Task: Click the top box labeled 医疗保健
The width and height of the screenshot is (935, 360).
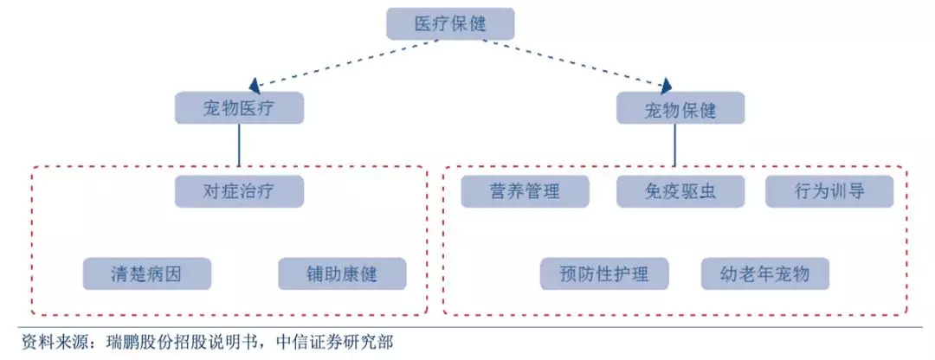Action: (x=449, y=24)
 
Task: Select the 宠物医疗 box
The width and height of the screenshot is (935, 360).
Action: (x=239, y=108)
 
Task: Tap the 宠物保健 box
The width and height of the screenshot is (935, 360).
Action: (x=680, y=108)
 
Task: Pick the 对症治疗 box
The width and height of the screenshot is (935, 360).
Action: (x=239, y=191)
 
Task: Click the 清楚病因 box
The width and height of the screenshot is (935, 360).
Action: (x=146, y=273)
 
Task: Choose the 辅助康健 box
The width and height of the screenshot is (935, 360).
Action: (x=342, y=273)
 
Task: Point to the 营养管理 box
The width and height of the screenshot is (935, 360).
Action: (x=526, y=191)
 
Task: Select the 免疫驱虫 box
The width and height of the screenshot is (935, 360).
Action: (x=680, y=191)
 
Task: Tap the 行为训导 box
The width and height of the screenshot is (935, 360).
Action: (x=829, y=191)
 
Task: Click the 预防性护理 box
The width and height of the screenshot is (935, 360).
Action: (x=604, y=273)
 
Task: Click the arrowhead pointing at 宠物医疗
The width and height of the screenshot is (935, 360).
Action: (x=255, y=87)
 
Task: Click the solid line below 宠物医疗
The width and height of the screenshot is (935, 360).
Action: (x=239, y=145)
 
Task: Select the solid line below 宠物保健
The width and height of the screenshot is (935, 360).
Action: (x=675, y=145)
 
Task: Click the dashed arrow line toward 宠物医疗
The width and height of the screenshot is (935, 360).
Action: (x=345, y=62)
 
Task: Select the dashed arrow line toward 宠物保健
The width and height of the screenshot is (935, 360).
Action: (x=574, y=63)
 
